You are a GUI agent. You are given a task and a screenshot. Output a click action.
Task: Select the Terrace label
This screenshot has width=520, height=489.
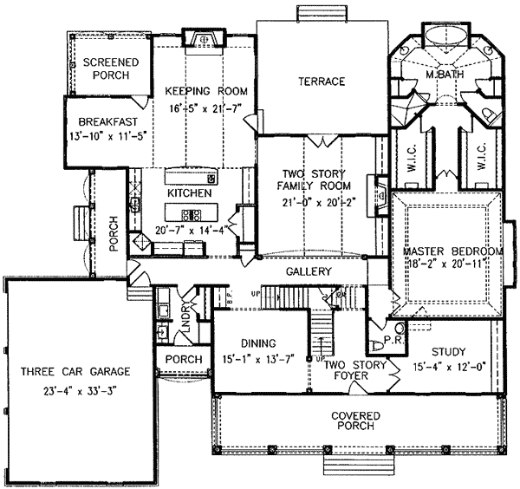pyautogui.click(x=322, y=81)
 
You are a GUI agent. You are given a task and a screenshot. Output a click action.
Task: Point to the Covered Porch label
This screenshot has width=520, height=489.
pyautogui.click(x=356, y=421)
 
